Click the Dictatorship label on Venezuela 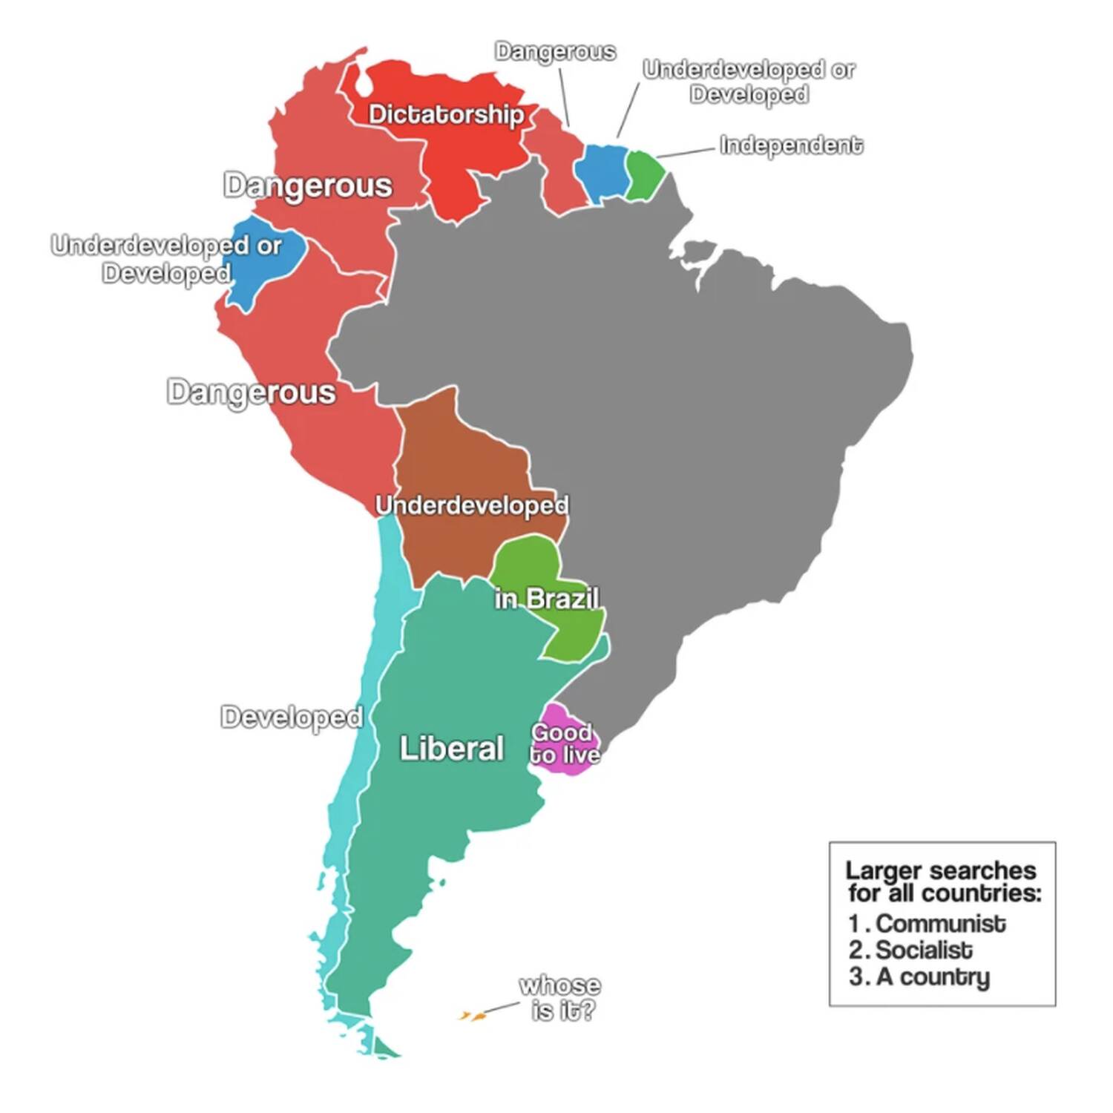tap(446, 114)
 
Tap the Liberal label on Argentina tap(451, 748)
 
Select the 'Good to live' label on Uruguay tap(565, 743)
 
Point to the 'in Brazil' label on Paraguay tap(547, 598)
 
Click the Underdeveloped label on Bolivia tap(472, 505)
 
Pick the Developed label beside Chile tap(292, 717)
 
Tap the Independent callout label tap(791, 145)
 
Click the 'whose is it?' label tap(561, 998)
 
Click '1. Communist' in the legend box tap(927, 924)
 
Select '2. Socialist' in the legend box tap(911, 951)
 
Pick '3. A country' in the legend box tap(920, 977)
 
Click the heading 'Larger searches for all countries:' tap(942, 881)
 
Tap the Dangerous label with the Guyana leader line tap(555, 51)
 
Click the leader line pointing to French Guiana tap(686, 152)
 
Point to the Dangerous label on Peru tap(251, 392)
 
